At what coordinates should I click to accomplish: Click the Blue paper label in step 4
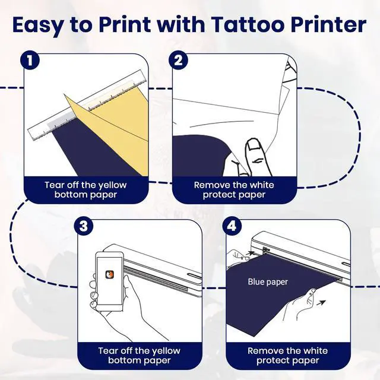click(x=268, y=282)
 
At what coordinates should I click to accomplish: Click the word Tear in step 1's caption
click(x=55, y=185)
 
